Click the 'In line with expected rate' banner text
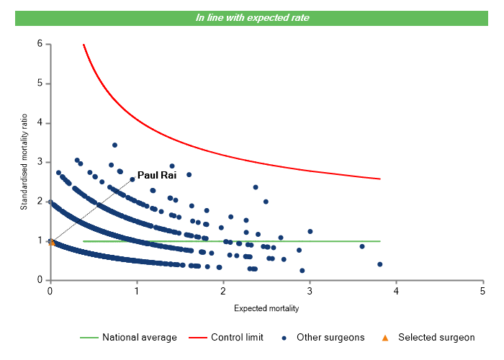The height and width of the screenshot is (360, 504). pyautogui.click(x=253, y=17)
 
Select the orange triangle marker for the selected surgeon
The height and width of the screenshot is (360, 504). pyautogui.click(x=51, y=243)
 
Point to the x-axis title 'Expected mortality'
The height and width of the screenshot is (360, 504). pyautogui.click(x=266, y=308)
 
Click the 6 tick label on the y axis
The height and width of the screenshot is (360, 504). pyautogui.click(x=40, y=44)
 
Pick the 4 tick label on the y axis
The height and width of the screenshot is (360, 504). pyautogui.click(x=40, y=123)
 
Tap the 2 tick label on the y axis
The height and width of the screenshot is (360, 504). pyautogui.click(x=40, y=202)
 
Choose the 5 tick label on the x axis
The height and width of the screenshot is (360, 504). pyautogui.click(x=482, y=291)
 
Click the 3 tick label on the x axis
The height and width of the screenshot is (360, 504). pyautogui.click(x=310, y=291)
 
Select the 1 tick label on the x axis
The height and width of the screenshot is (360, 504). pyautogui.click(x=137, y=291)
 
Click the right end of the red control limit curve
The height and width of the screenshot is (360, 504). pyautogui.click(x=379, y=179)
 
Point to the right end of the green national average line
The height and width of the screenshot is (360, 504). pyautogui.click(x=379, y=241)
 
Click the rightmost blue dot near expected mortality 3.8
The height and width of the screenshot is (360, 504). pyautogui.click(x=379, y=264)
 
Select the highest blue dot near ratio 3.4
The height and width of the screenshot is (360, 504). pyautogui.click(x=114, y=145)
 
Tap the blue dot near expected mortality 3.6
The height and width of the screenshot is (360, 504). pyautogui.click(x=362, y=246)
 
